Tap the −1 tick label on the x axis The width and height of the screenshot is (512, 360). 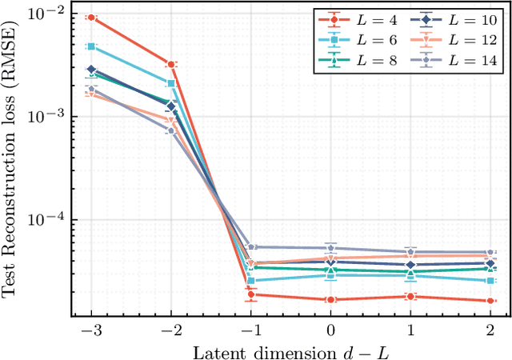tap(250, 329)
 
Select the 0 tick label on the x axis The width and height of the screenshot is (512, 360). tap(330, 329)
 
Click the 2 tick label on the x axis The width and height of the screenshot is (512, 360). tap(490, 329)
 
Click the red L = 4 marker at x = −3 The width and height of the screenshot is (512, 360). tap(90, 18)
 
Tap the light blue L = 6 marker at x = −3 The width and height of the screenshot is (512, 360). tap(90, 46)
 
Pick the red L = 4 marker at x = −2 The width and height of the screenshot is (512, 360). tap(170, 63)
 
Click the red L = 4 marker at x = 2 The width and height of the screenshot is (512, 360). tap(490, 301)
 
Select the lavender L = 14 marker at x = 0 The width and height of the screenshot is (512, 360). tap(330, 248)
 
